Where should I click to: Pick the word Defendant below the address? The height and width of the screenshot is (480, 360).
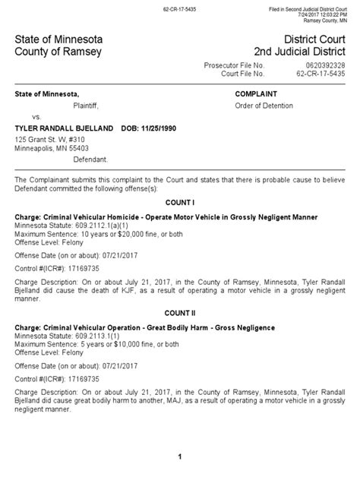(90, 160)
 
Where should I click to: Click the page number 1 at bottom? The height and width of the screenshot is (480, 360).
(179, 456)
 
